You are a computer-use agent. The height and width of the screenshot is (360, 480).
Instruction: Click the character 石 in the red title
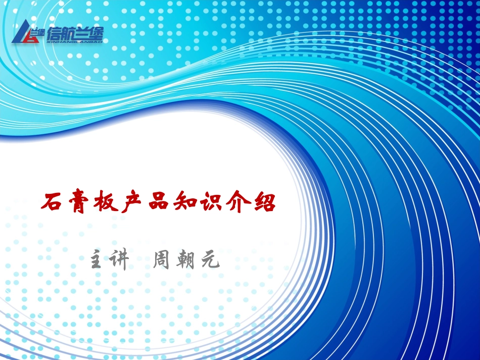click(53, 203)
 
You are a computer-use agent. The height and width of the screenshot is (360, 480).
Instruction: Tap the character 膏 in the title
click(80, 203)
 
